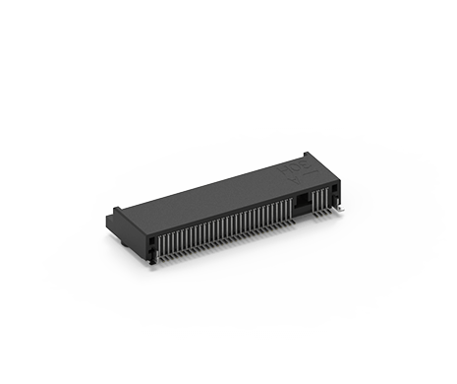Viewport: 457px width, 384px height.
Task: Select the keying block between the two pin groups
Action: pos(303,201)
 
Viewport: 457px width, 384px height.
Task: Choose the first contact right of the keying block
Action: pos(314,200)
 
